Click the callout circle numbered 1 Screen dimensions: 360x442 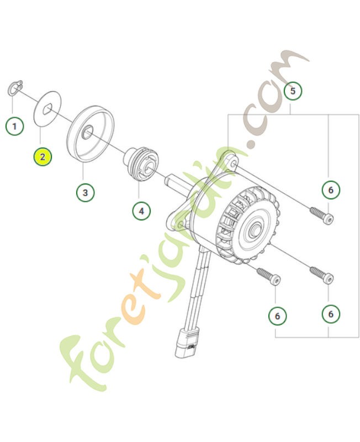pyautogui.click(x=14, y=126)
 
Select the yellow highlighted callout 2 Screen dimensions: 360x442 pyautogui.click(x=43, y=156)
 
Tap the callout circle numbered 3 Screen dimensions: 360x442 pyautogui.click(x=84, y=192)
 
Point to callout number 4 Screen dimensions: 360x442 pyautogui.click(x=141, y=210)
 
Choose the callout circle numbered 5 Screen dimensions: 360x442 pyautogui.click(x=293, y=90)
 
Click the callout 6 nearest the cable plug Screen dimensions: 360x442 pyautogui.click(x=277, y=316)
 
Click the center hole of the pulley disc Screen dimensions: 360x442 pyautogui.click(x=87, y=134)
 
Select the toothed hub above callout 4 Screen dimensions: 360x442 pyautogui.click(x=141, y=163)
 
